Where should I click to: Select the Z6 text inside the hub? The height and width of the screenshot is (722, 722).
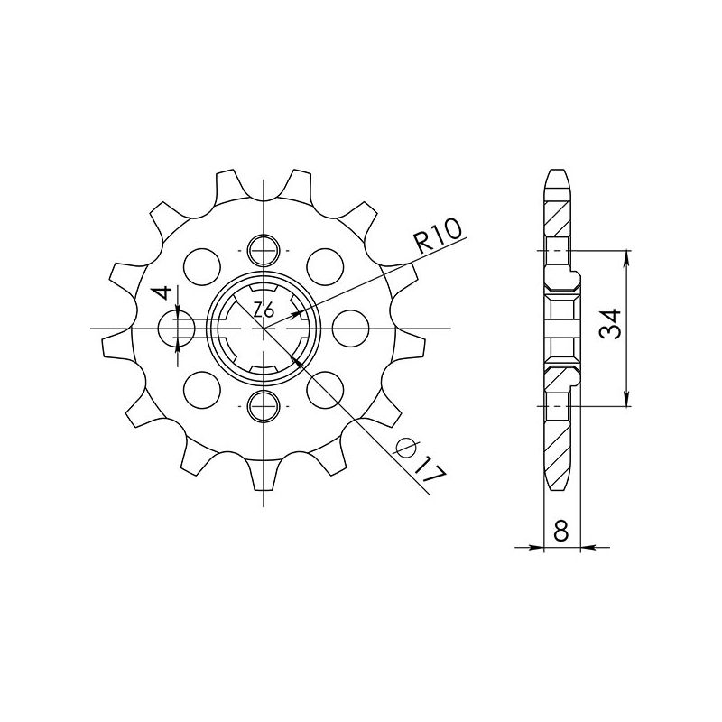[263, 310]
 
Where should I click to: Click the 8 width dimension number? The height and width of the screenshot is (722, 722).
[561, 532]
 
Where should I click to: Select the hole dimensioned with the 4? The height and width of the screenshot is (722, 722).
[179, 328]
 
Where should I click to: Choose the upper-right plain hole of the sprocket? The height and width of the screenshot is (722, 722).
[322, 265]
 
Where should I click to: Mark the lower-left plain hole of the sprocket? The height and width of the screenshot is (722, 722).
[202, 390]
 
